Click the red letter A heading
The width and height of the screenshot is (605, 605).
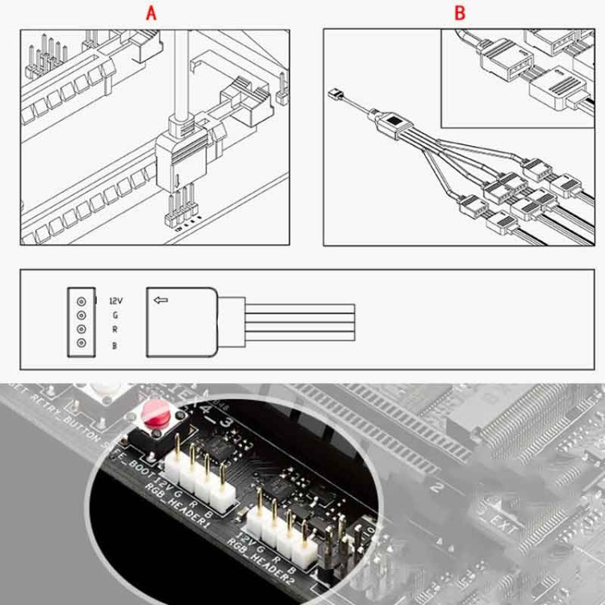(x=151, y=14)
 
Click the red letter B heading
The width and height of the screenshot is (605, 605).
(x=460, y=14)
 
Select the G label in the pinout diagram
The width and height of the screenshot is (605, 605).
(x=115, y=315)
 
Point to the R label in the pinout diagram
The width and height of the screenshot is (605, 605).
(x=115, y=330)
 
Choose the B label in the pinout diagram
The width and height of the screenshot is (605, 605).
(x=115, y=345)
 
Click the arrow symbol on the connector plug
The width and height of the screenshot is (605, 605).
(x=161, y=300)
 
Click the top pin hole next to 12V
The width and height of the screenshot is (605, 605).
(x=81, y=300)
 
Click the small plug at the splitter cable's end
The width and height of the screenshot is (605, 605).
(x=334, y=96)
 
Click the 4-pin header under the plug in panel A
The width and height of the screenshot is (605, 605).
(x=181, y=211)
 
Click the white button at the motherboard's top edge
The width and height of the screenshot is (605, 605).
(x=105, y=394)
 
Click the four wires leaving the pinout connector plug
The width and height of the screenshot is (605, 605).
(x=298, y=321)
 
